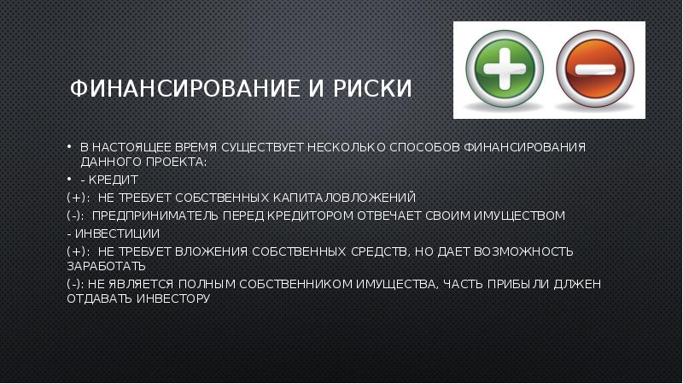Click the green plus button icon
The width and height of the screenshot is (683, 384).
pos(505,68)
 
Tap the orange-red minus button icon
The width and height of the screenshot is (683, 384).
pos(595,69)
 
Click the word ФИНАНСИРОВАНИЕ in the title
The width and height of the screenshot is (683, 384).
pos(185,88)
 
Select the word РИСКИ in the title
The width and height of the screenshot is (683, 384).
pos(372,88)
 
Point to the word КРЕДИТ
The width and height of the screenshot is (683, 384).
pos(114,180)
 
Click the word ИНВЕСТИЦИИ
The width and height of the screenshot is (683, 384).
pos(117,233)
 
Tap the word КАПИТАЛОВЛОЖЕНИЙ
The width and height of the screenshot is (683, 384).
pos(344,198)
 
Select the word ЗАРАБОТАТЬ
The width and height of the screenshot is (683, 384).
pos(106,266)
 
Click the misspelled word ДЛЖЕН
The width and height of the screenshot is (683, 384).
pos(577,284)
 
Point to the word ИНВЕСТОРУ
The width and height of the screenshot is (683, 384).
pos(173,298)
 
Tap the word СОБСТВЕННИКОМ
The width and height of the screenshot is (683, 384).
pos(295,284)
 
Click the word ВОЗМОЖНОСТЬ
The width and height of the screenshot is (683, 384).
pos(523,251)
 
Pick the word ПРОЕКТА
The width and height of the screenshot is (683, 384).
pos(177,162)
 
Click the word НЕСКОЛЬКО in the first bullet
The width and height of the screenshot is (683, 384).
pos(347,147)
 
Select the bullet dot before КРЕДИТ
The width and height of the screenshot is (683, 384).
pos(69,180)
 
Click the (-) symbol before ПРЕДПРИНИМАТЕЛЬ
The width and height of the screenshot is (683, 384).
pos(75,216)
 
